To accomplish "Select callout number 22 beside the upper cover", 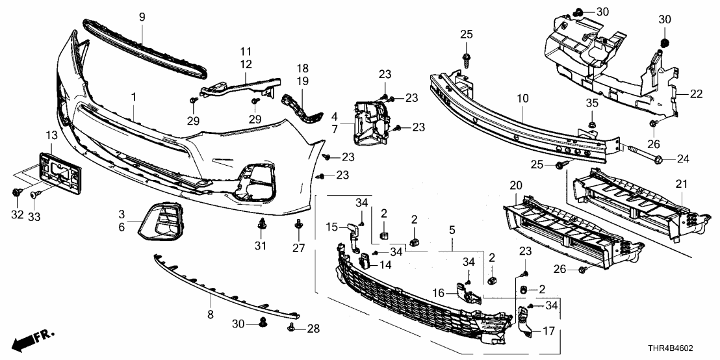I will [696, 94].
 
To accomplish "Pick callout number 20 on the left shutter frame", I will [516, 185].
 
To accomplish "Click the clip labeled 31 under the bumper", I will [262, 227].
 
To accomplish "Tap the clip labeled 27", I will [298, 226].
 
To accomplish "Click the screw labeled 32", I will [17, 193].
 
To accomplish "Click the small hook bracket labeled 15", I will [352, 233].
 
